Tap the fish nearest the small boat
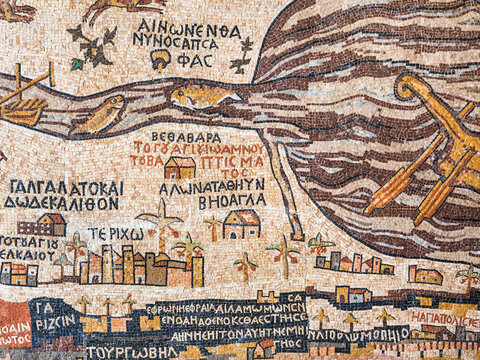click(x=99, y=114)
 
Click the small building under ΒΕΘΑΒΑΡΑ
click(x=179, y=167)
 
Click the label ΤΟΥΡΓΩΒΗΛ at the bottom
click(x=125, y=352)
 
